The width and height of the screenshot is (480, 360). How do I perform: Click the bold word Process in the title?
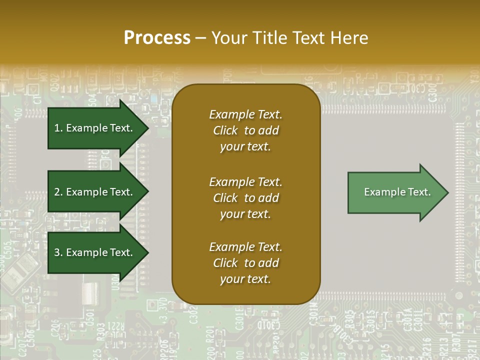(x=157, y=38)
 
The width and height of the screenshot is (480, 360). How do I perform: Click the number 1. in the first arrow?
(x=58, y=128)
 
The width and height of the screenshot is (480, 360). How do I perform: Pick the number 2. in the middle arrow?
(x=58, y=192)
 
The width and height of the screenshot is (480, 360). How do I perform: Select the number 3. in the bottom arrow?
(x=58, y=252)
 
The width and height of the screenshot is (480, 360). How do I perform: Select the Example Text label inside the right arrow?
(x=397, y=192)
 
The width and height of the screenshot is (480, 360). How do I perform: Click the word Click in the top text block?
(x=225, y=130)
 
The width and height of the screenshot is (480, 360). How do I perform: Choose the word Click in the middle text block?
(x=225, y=198)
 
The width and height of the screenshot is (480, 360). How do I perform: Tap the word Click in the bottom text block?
(x=225, y=263)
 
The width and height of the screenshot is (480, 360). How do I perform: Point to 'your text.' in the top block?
(x=245, y=147)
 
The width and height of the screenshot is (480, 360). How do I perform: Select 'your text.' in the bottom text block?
(x=245, y=279)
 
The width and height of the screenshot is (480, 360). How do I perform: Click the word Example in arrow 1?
(x=86, y=128)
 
